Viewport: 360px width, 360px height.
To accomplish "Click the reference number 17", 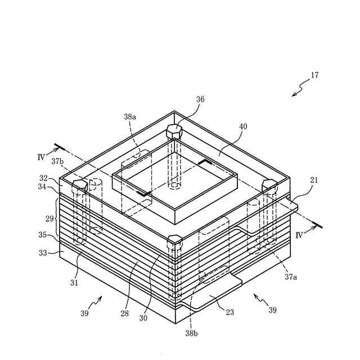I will click(x=314, y=75).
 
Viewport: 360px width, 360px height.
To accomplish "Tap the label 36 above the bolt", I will click(x=200, y=99).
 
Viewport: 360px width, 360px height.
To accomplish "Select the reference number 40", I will click(x=243, y=127).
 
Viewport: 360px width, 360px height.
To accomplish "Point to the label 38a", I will click(x=130, y=116).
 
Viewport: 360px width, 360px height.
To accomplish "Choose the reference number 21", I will click(x=314, y=180).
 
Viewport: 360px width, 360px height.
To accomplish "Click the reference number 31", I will click(x=74, y=282).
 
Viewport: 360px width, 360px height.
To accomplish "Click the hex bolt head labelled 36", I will click(x=175, y=130).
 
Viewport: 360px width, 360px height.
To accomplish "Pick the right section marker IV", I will click(x=299, y=235).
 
